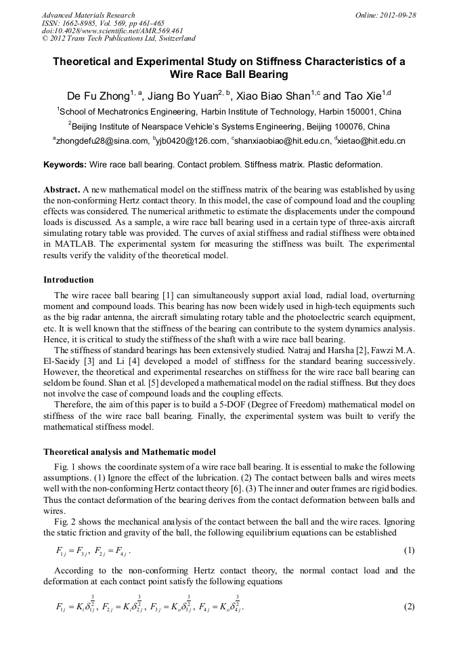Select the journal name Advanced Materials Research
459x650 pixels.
point(89,15)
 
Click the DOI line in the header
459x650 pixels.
point(112,31)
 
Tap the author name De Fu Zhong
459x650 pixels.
point(97,96)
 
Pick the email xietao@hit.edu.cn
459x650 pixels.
point(374,141)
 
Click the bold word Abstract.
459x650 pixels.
point(61,190)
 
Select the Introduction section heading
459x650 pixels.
point(68,280)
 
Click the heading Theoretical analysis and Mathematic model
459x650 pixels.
point(130,451)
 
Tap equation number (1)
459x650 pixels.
point(409,550)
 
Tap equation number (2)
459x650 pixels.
point(409,607)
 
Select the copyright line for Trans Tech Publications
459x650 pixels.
point(118,39)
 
